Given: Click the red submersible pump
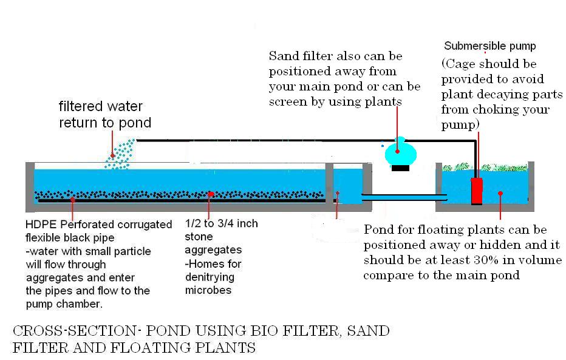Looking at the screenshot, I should (x=477, y=190).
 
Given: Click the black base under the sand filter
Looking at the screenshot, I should (x=400, y=168).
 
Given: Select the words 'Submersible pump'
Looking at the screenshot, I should (x=490, y=46).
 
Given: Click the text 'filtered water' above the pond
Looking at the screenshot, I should (x=101, y=107).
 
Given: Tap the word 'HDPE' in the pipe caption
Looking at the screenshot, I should (x=38, y=225).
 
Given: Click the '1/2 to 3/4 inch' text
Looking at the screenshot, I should (x=221, y=223).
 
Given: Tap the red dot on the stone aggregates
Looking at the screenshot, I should (x=211, y=194).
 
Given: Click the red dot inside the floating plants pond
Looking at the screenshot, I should (x=500, y=194).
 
